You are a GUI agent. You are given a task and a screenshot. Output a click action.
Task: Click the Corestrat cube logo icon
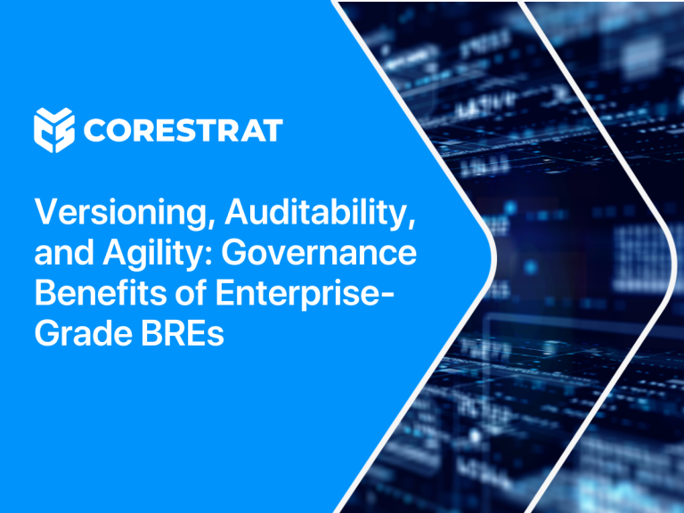54,130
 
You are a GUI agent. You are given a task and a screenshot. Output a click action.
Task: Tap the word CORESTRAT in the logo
183,130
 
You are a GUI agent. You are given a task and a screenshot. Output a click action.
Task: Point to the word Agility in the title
158,254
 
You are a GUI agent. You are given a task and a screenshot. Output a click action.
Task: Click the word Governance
319,253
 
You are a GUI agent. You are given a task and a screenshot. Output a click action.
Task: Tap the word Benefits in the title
101,293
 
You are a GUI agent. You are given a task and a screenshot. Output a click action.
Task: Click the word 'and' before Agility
64,253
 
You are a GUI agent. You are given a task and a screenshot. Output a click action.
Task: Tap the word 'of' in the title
191,293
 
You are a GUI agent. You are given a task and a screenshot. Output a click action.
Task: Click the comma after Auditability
411,221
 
